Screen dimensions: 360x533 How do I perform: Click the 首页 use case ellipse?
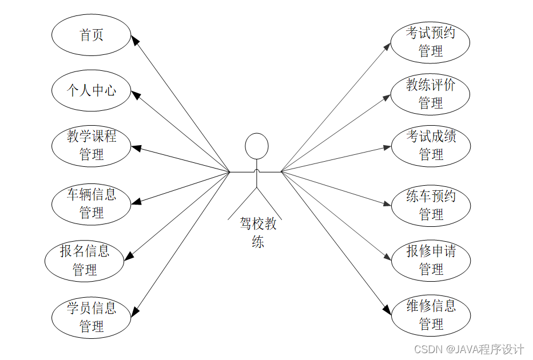click(x=92, y=35)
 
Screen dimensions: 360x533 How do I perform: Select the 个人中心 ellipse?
click(x=92, y=90)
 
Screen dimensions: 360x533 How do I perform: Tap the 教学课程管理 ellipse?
click(x=92, y=145)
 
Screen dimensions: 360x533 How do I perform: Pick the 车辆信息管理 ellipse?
click(x=92, y=204)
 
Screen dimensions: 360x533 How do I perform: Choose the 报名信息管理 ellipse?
click(x=85, y=260)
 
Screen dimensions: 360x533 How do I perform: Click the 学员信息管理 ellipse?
click(x=92, y=317)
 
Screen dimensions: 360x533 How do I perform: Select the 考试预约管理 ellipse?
click(x=431, y=42)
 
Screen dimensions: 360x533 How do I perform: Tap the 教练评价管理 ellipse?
click(x=431, y=94)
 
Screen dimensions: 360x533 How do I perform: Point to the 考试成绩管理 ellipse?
click(x=431, y=145)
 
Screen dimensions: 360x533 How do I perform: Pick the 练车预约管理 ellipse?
click(x=431, y=205)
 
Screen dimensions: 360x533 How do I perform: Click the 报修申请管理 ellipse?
click(x=431, y=260)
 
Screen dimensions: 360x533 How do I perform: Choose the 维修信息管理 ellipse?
click(x=431, y=315)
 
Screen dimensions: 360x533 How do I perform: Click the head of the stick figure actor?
click(x=257, y=146)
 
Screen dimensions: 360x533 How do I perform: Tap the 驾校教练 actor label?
click(x=258, y=233)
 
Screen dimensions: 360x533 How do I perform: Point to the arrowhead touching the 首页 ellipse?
click(x=135, y=41)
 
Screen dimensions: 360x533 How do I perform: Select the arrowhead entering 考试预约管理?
click(x=387, y=46)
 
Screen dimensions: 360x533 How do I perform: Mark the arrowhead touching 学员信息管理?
click(x=135, y=311)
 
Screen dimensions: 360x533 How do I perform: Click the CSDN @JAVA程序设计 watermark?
click(x=469, y=349)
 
